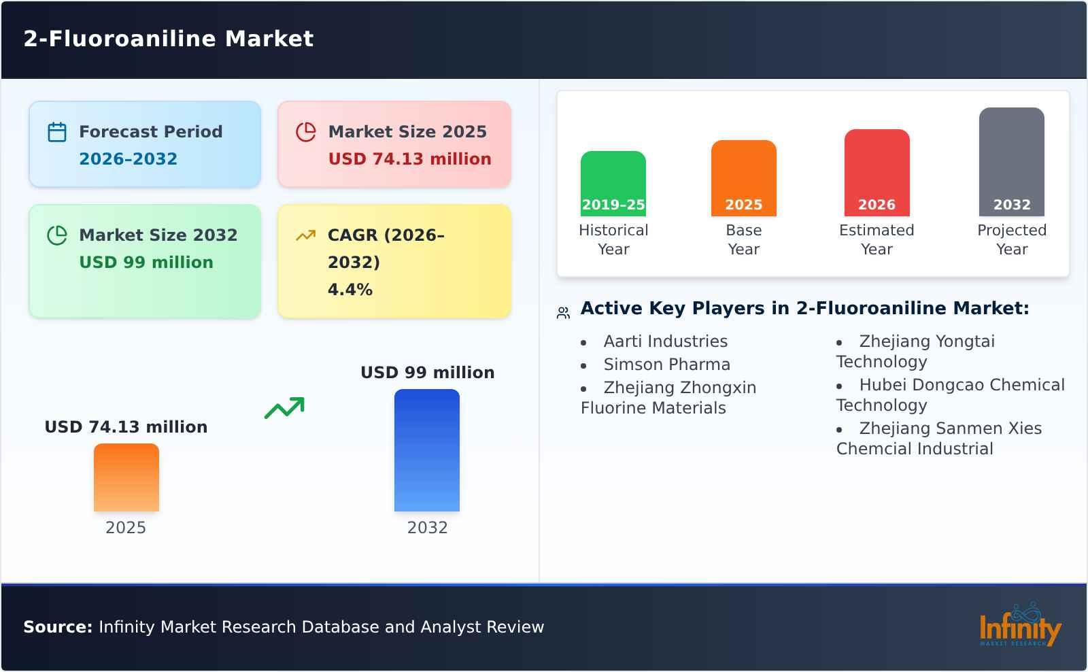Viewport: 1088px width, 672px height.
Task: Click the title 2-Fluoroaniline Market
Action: pos(169,39)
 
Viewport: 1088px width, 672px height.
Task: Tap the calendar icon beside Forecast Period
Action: pos(57,132)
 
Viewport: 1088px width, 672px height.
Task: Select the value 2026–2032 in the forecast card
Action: pos(128,159)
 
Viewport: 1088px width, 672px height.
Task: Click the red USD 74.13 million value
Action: pos(409,159)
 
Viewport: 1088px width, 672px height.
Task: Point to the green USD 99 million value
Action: pos(146,263)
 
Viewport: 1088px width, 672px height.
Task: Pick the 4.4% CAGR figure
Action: pos(350,290)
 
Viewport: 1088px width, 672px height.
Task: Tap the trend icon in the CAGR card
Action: pos(305,235)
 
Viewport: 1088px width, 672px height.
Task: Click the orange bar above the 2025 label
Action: pos(126,477)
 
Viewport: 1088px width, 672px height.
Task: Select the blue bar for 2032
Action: pos(427,450)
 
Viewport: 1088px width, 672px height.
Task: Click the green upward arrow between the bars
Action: pos(284,408)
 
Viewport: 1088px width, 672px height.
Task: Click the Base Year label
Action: pos(743,239)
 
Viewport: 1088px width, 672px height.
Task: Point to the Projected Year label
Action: pos(1011,239)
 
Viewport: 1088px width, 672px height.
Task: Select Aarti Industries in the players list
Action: pos(665,341)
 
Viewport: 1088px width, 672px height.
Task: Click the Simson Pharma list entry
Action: pos(666,365)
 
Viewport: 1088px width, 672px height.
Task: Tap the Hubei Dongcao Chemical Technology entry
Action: pos(951,394)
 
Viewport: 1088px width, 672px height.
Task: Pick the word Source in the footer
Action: pos(57,627)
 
